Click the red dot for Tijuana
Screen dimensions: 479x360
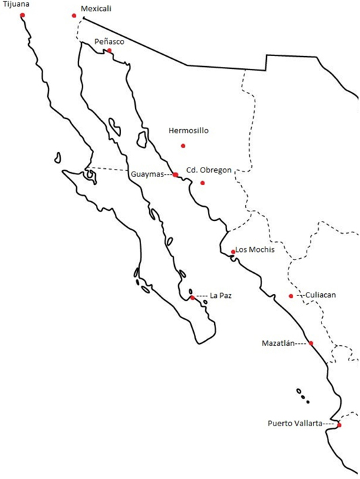tap(22, 15)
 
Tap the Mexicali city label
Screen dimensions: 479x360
tap(95, 9)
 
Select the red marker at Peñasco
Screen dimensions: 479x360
tap(109, 50)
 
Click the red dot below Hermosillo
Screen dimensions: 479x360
tap(183, 146)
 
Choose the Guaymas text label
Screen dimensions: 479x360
tap(147, 174)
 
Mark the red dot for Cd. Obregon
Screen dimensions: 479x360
tap(202, 182)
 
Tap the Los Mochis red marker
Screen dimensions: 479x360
tap(233, 252)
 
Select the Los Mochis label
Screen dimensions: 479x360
tap(255, 249)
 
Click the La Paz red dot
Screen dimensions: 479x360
tap(192, 297)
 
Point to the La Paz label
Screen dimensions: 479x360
tap(221, 295)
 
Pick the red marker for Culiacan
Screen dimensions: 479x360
tap(291, 296)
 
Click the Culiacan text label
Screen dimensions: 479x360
tap(320, 295)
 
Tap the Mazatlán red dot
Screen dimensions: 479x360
tap(311, 343)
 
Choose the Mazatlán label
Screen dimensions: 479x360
tap(278, 343)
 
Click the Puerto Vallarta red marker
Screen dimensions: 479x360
tap(339, 425)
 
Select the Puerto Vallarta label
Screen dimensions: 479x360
tap(294, 424)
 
